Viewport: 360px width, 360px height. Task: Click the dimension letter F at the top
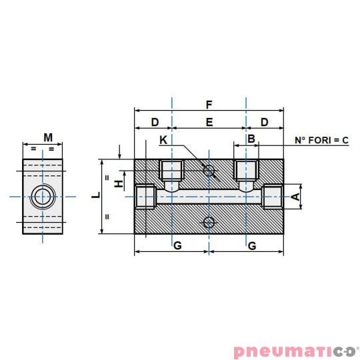tap(209, 105)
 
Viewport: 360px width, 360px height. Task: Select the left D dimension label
tap(154, 122)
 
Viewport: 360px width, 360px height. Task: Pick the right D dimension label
tap(265, 122)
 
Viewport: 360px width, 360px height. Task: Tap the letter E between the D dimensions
tap(209, 122)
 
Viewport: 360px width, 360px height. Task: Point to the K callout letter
tap(164, 140)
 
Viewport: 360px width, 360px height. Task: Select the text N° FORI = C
tap(322, 140)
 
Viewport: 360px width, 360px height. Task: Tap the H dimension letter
tap(119, 183)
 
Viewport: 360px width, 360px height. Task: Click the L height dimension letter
tap(95, 195)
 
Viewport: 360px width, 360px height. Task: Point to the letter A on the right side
tap(294, 196)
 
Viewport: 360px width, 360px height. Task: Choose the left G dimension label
tap(177, 246)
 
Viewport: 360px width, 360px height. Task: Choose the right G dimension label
tap(251, 246)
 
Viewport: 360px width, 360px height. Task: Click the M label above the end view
tap(48, 137)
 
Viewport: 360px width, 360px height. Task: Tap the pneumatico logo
tap(296, 351)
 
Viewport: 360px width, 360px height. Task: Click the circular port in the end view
tap(44, 196)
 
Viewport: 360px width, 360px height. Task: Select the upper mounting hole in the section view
tap(209, 171)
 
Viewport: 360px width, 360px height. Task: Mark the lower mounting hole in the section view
tap(209, 222)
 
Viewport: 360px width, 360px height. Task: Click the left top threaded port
tap(172, 171)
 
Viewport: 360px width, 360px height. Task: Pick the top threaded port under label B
tap(247, 171)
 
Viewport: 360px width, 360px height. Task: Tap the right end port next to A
tap(273, 196)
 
